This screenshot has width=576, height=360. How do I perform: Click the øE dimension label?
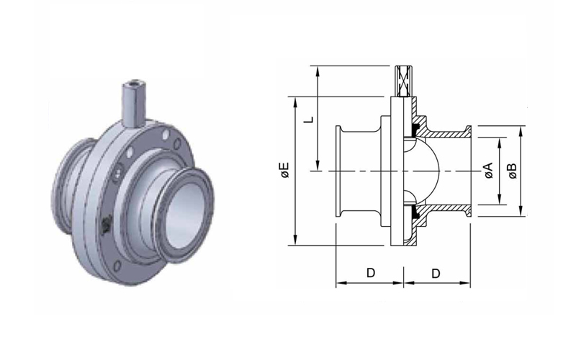pos(285,170)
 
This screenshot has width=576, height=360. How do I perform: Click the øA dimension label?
pos(489,171)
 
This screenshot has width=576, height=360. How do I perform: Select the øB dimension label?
pos(512,171)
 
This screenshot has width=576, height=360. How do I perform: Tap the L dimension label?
pos(310,120)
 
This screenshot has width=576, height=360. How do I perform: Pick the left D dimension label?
pos(371,273)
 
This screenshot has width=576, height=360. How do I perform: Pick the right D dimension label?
pos(436,273)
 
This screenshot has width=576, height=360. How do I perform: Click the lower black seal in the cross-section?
pos(417,211)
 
